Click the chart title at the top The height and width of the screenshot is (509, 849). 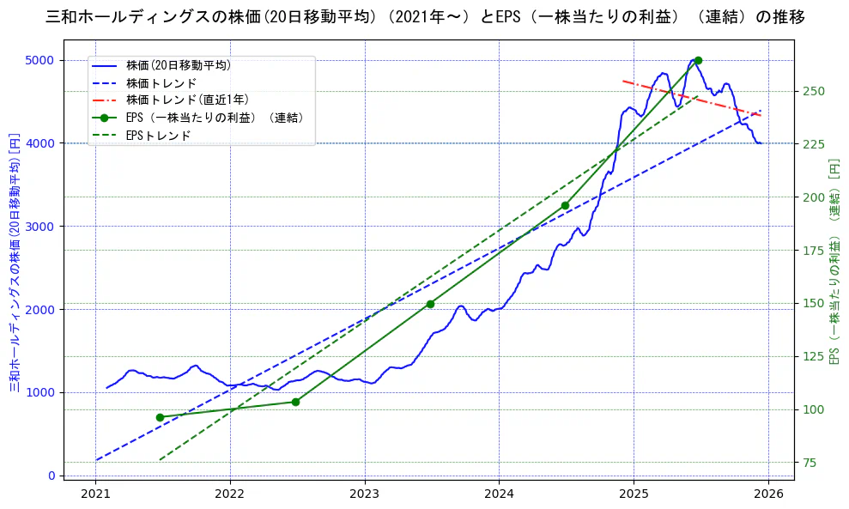pyautogui.click(x=425, y=16)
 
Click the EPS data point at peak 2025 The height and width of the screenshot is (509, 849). pyautogui.click(x=698, y=60)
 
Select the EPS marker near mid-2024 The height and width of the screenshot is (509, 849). pyautogui.click(x=564, y=205)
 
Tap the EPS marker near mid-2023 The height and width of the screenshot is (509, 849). pyautogui.click(x=430, y=304)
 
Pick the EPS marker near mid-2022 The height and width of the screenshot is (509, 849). pyautogui.click(x=295, y=402)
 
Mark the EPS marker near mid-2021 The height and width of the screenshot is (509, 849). pyautogui.click(x=160, y=417)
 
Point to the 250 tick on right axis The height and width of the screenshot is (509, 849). pyautogui.click(x=815, y=91)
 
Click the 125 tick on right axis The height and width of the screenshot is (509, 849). pyautogui.click(x=815, y=356)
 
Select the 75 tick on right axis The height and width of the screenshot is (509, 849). pyautogui.click(x=811, y=463)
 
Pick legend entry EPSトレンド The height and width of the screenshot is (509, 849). pyautogui.click(x=158, y=136)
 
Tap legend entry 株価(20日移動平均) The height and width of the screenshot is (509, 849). pyautogui.click(x=178, y=64)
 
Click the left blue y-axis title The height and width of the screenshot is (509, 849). pyautogui.click(x=14, y=262)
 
